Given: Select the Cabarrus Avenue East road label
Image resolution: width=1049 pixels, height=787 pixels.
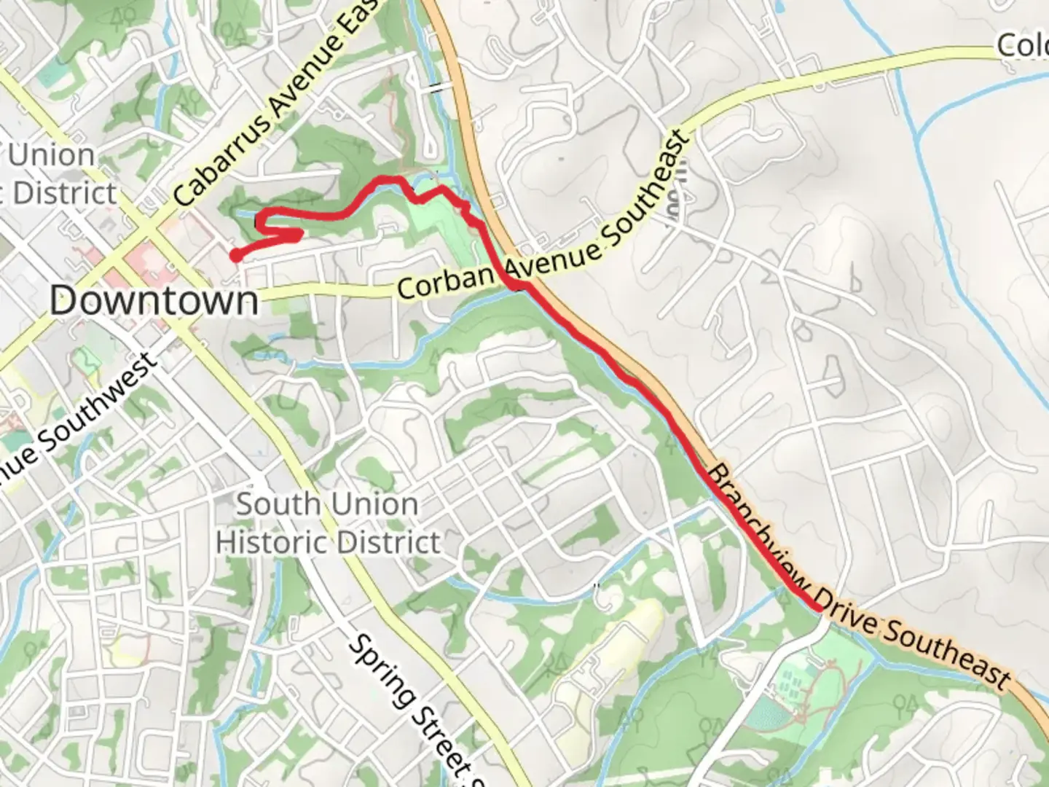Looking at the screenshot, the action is click(x=278, y=102).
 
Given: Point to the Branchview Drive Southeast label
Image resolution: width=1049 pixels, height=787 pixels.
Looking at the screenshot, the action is click(x=860, y=576).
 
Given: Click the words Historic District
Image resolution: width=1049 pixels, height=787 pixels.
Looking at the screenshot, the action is click(x=329, y=543).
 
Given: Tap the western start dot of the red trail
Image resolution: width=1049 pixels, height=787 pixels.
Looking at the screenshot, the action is click(x=235, y=254).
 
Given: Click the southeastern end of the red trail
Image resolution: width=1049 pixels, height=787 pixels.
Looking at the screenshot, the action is click(x=818, y=606).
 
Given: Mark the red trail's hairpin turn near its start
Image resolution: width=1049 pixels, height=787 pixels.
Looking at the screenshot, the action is click(x=297, y=235).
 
